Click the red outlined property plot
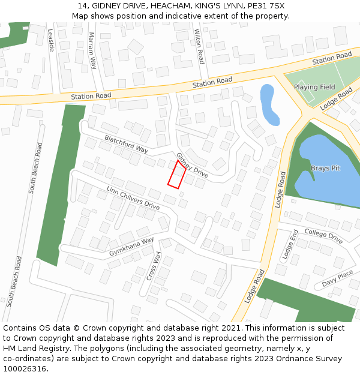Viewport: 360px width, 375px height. (176, 175)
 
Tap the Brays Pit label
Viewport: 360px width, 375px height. (325, 168)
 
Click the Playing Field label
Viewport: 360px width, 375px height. (314, 87)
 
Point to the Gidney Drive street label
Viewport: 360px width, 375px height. (192, 164)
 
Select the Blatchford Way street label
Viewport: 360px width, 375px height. (126, 144)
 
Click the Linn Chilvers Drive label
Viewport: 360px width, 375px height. (133, 198)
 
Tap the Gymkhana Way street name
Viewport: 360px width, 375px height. (131, 247)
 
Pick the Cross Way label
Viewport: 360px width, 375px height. (154, 266)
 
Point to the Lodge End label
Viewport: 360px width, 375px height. (290, 244)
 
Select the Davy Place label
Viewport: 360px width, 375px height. (337, 278)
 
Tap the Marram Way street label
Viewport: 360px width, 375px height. (92, 50)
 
